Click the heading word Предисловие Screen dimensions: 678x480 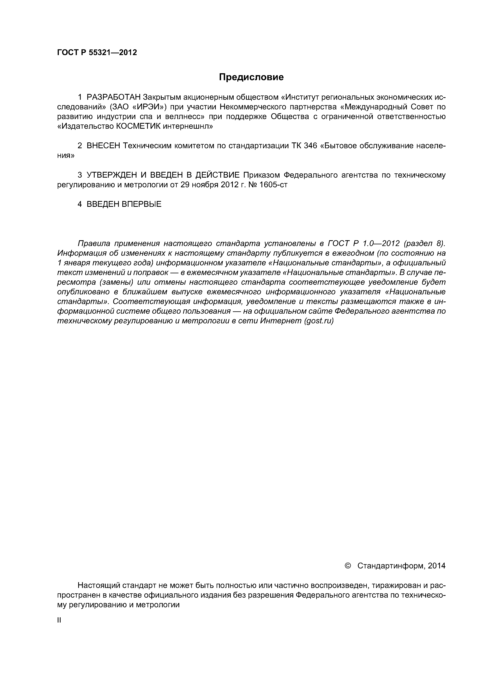pos(251,77)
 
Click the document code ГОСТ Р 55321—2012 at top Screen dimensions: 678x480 pos(97,53)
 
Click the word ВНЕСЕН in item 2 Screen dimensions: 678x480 pos(103,146)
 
